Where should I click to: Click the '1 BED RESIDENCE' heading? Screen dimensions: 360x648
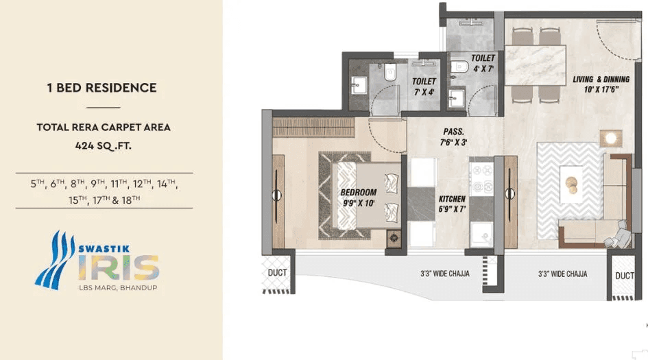click(101, 88)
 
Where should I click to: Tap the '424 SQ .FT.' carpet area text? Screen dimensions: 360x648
click(104, 145)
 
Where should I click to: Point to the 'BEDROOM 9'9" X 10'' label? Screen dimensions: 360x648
click(359, 197)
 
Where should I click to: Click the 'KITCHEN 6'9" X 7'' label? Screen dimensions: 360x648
click(452, 203)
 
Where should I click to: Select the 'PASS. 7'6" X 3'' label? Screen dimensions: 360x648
click(453, 136)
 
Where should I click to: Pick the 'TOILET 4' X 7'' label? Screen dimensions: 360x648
click(483, 64)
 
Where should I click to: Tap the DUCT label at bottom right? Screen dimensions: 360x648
click(624, 276)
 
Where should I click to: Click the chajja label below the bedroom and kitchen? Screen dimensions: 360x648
click(445, 274)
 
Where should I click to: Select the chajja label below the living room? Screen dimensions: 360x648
click(562, 274)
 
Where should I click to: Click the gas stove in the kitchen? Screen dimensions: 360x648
click(481, 176)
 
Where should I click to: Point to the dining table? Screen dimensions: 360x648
click(536, 64)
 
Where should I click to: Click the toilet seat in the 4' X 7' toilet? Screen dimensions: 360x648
click(459, 67)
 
